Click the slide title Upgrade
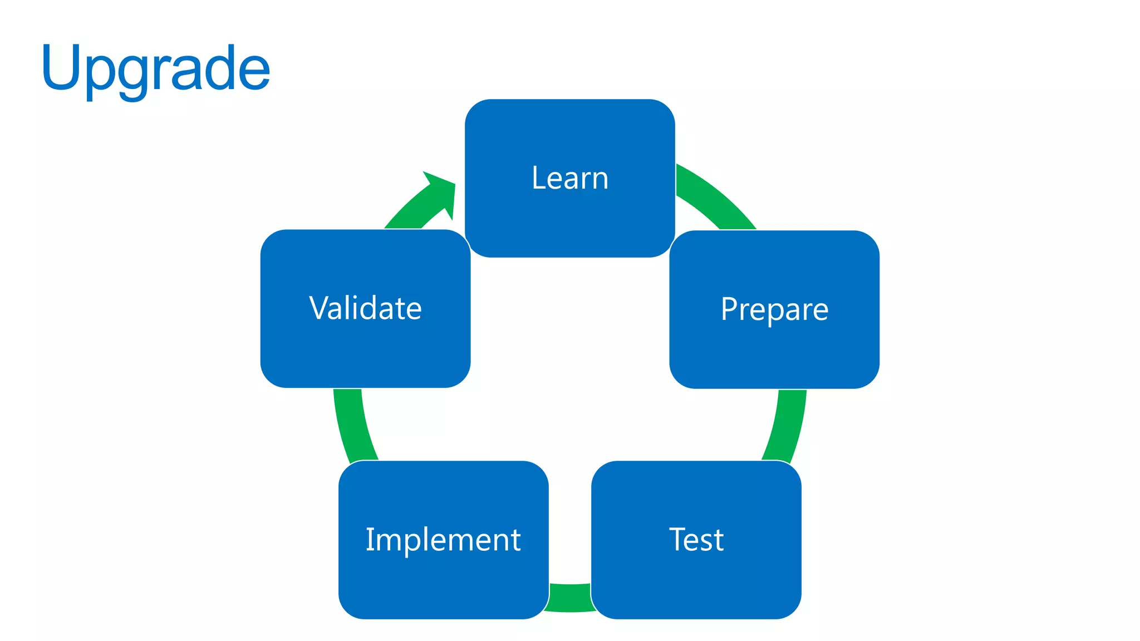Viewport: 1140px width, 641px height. tap(155, 69)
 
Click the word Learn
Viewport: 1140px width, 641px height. tap(570, 178)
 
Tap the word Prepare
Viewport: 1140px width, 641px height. tap(774, 309)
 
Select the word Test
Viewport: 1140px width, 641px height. tap(696, 540)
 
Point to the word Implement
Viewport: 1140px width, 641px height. tap(443, 540)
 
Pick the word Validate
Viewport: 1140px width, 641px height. tap(366, 308)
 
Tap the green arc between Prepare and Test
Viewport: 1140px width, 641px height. tap(787, 426)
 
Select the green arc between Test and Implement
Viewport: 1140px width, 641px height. tap(570, 598)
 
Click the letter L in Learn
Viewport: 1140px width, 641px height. tap(538, 178)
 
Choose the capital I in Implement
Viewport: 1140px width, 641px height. tap(370, 539)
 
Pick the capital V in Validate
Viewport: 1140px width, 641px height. tap(322, 308)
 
